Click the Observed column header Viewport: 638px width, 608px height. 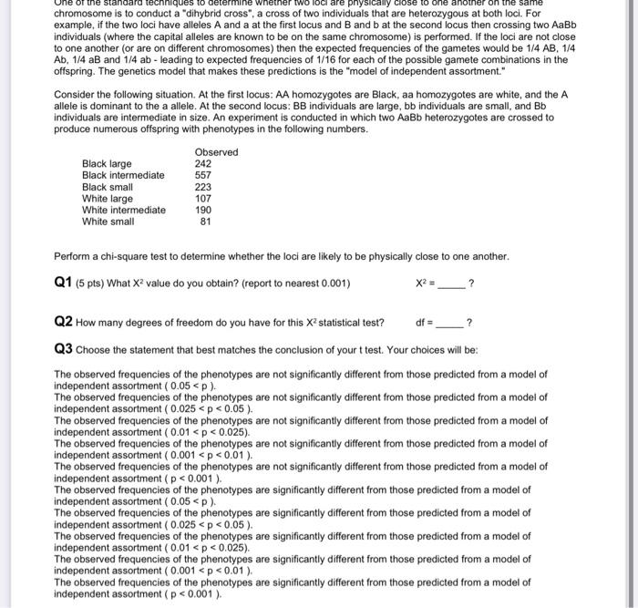tap(216, 151)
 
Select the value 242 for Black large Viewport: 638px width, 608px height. tap(202, 163)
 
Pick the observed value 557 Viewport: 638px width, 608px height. tap(202, 175)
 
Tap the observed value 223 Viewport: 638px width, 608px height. tap(202, 187)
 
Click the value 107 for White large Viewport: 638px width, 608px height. tap(202, 198)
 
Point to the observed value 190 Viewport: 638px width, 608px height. tap(202, 210)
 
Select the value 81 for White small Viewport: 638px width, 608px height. tap(205, 222)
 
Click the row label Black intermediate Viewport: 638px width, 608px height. tap(123, 175)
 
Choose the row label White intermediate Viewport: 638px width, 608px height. tap(124, 210)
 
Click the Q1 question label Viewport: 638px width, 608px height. tap(64, 283)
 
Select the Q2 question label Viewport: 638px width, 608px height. tap(64, 322)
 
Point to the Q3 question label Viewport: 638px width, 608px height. tap(64, 349)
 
